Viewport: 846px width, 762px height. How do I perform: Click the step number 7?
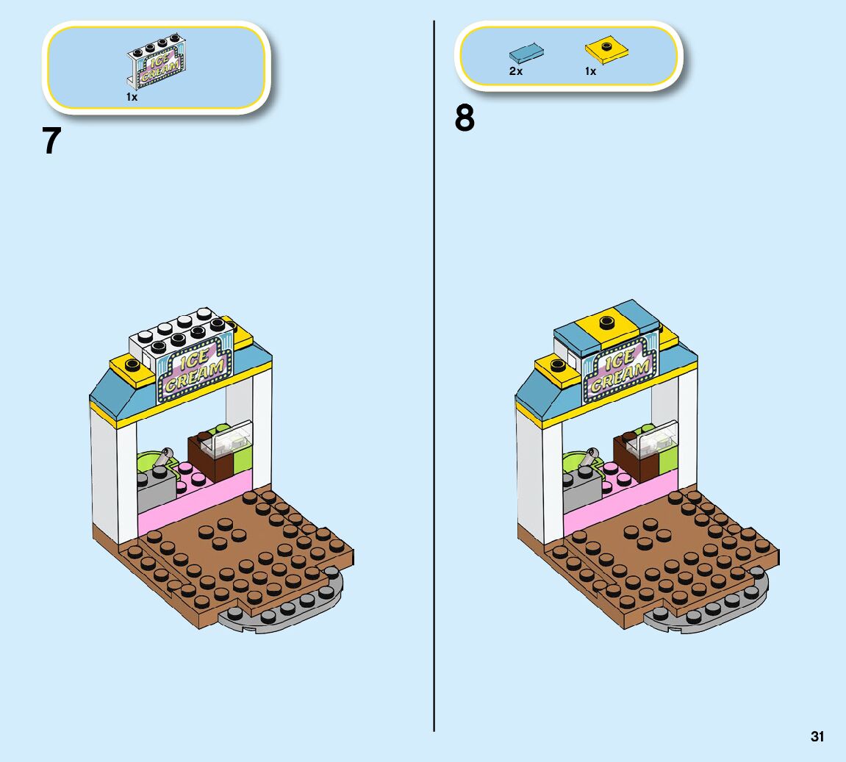click(51, 140)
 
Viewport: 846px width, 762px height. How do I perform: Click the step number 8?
click(465, 118)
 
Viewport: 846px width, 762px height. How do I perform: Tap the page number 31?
click(817, 736)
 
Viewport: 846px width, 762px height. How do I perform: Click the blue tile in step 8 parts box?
click(526, 52)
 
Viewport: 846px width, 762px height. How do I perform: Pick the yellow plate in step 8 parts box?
click(607, 51)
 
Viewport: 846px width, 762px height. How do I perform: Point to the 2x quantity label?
click(516, 71)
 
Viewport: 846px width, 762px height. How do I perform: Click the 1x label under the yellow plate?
click(590, 71)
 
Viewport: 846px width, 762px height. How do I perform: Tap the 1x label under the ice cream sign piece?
click(132, 97)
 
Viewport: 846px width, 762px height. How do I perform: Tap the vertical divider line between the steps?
click(434, 367)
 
